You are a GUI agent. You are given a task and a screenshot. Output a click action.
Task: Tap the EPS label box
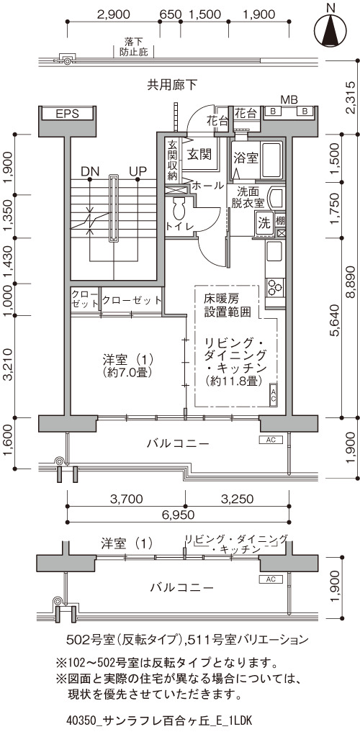67,114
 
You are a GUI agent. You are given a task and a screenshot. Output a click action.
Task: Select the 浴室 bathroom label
246,158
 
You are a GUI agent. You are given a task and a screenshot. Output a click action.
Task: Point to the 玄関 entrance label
199,154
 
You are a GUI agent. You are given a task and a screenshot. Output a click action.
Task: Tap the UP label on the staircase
138,171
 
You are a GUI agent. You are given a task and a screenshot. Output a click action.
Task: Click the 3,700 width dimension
126,498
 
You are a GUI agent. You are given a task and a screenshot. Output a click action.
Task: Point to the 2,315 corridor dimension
351,97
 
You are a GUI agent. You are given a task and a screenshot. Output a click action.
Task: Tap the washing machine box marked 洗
264,222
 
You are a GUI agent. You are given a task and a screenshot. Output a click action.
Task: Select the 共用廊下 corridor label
172,85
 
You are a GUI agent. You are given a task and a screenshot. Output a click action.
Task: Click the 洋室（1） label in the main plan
127,358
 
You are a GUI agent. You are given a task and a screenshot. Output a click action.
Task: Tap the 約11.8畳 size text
234,381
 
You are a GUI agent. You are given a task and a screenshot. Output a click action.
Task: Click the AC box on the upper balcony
271,440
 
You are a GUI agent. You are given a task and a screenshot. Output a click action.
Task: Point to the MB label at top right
289,100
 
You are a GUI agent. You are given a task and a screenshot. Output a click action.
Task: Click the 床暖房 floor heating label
221,299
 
